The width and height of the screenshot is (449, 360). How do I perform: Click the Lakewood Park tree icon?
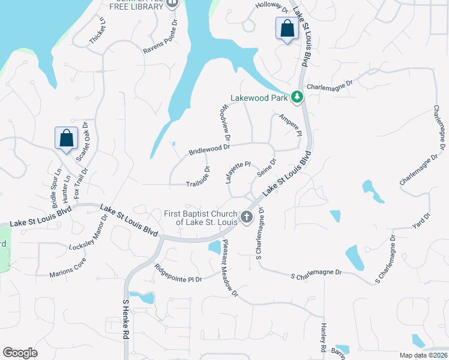point(296,97)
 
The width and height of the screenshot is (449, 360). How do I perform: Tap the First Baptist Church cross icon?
point(246,217)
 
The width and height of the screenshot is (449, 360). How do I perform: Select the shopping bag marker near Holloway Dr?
point(287,29)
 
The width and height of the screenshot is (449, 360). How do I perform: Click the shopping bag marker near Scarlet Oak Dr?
point(66,138)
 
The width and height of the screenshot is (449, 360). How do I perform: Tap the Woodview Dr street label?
point(225,123)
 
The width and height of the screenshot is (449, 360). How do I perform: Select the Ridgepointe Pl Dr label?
point(179,274)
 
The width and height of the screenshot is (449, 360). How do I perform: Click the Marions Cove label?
point(68,267)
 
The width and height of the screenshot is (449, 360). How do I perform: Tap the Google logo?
point(20,352)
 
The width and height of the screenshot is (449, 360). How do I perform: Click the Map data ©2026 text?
point(423,355)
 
